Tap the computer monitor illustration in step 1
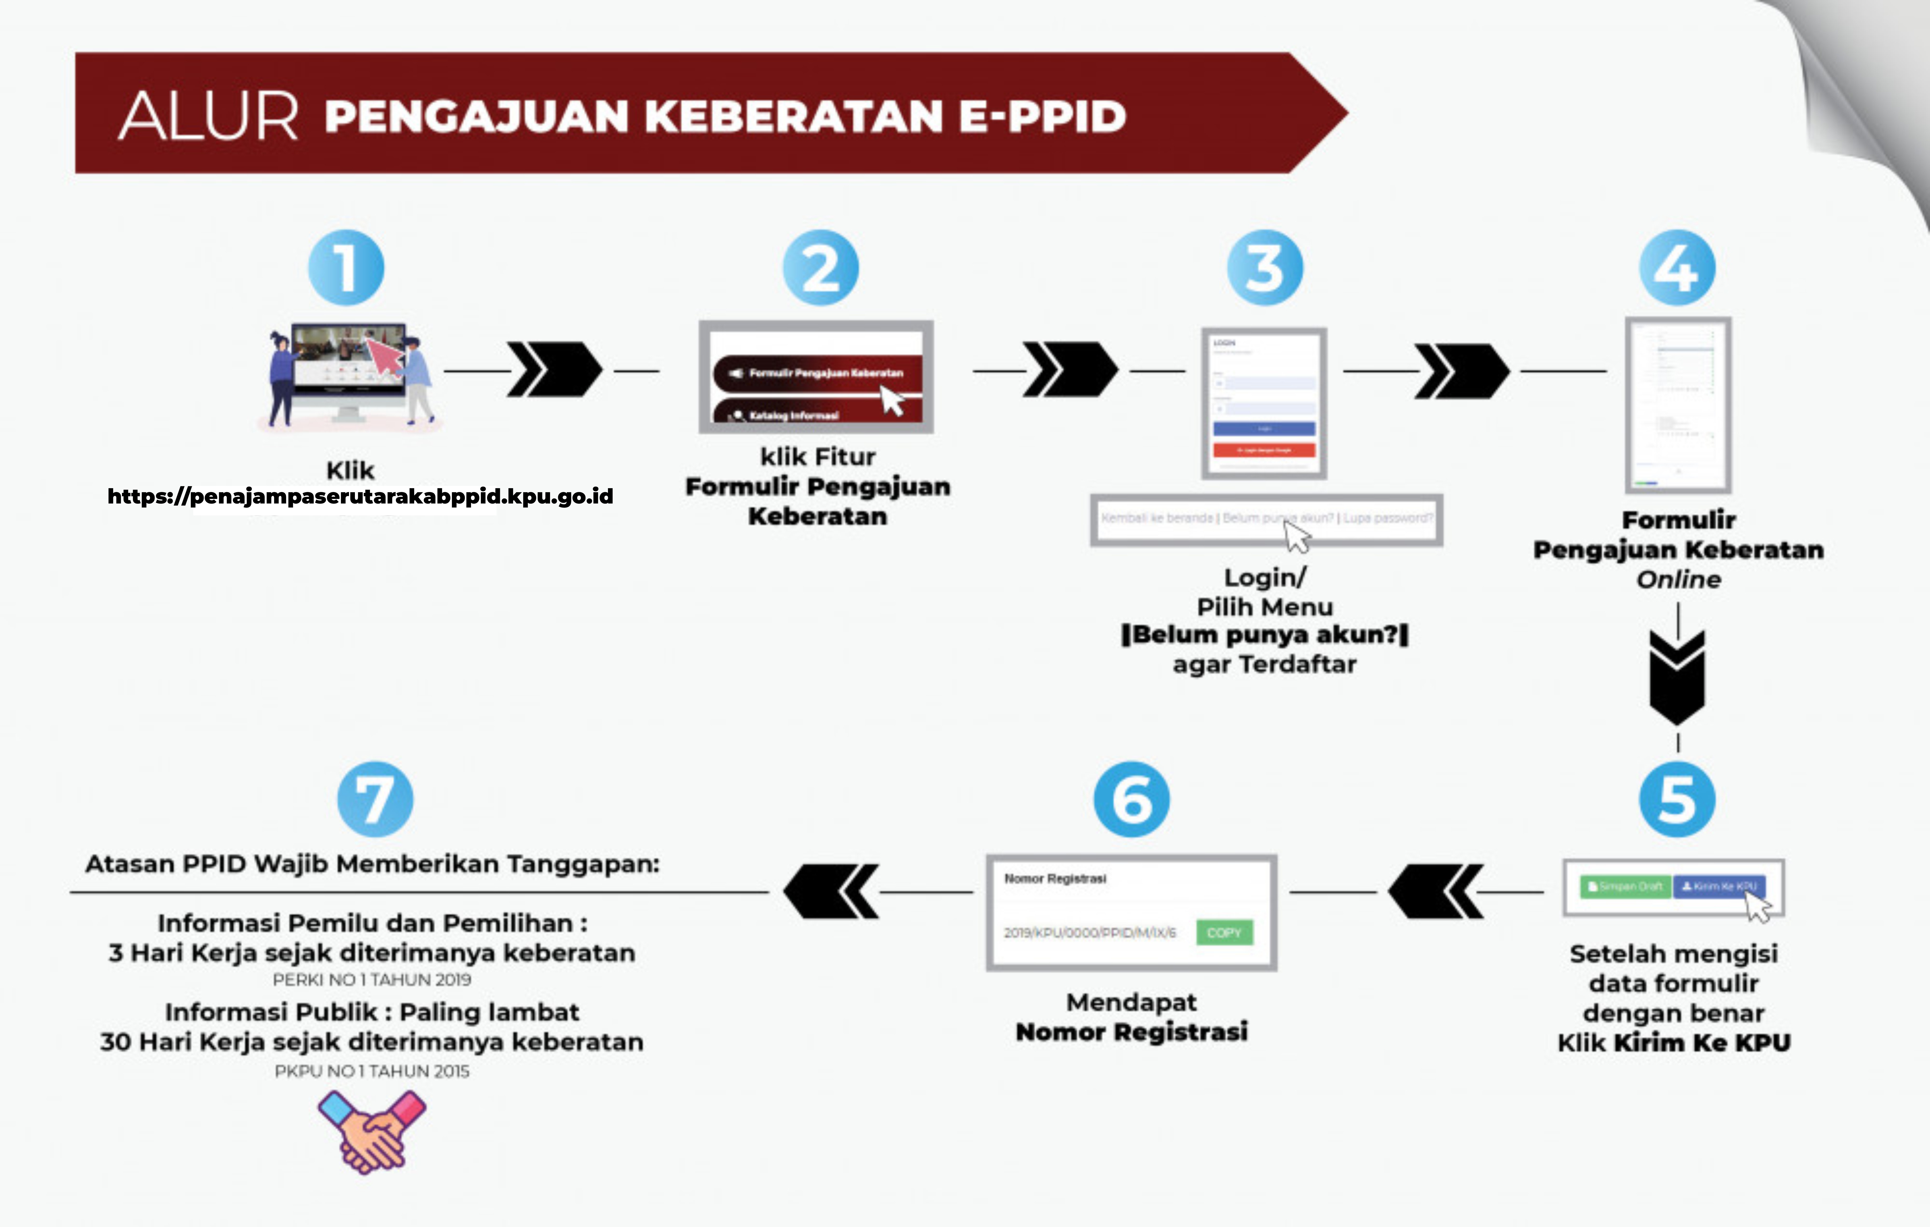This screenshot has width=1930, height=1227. [x=349, y=365]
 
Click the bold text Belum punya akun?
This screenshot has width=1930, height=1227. [x=1265, y=635]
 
